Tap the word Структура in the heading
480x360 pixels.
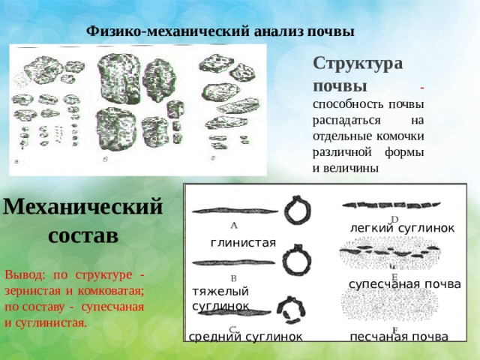tap(358, 64)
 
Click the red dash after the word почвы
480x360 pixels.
tap(422, 88)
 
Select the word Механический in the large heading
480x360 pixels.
tap(82, 207)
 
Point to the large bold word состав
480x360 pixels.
tap(83, 235)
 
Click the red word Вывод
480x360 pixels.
tap(25, 274)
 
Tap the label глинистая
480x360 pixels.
tap(243, 243)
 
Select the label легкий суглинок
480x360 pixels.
tap(402, 228)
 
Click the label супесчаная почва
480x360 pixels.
tap(405, 284)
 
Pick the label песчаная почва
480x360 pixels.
tap(399, 337)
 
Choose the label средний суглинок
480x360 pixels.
tap(245, 337)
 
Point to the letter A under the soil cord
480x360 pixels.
tap(234, 226)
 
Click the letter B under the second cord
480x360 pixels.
tap(233, 278)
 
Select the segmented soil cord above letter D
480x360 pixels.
tap(391, 205)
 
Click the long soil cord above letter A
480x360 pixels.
tap(235, 211)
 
